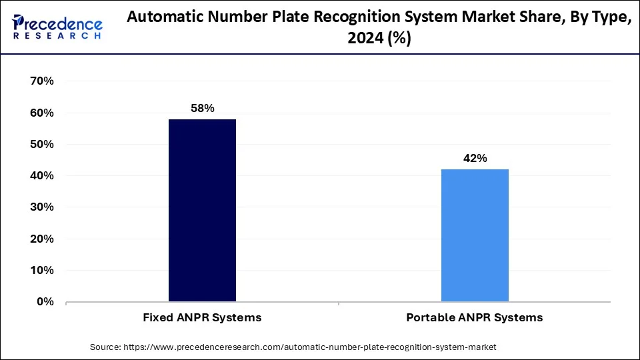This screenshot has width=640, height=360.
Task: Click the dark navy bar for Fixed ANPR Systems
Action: coord(202,210)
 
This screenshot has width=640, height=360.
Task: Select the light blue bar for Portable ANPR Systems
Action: coord(475,235)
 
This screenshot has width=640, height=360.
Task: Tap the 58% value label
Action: coord(202,108)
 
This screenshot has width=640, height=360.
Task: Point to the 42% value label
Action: coord(475,158)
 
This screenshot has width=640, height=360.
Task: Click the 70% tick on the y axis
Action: coord(41,81)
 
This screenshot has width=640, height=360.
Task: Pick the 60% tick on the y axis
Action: coord(41,113)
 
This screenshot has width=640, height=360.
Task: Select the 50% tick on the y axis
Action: coord(41,144)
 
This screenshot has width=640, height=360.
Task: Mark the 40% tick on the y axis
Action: coord(41,176)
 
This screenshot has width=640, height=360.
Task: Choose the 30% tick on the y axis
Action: coord(41,207)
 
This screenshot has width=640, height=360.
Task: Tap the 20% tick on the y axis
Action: coord(41,239)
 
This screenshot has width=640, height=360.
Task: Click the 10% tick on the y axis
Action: coord(41,271)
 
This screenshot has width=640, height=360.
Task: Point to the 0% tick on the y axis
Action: coord(45,302)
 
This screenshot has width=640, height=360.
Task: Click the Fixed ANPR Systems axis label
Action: coord(202,318)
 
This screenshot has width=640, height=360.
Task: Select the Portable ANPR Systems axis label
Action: coord(475,318)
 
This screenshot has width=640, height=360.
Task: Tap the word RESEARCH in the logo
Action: coord(57,36)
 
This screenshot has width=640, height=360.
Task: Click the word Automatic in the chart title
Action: coord(161,19)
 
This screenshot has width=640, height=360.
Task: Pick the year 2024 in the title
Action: coord(365,39)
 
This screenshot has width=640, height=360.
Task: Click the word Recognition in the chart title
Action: coord(367,19)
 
